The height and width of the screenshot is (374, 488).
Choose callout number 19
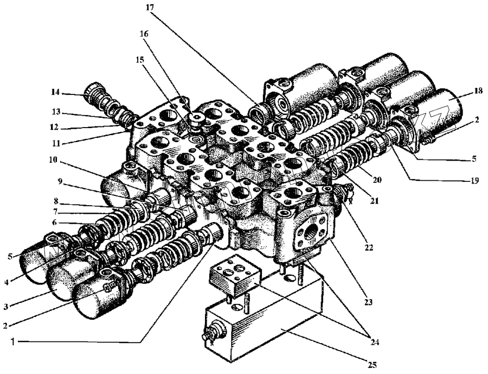(x=475, y=181)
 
